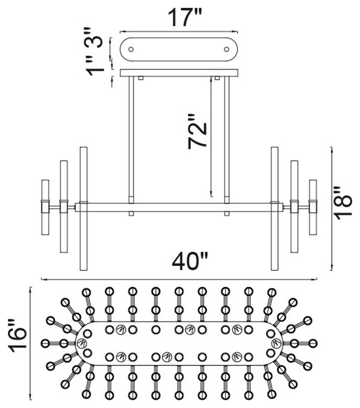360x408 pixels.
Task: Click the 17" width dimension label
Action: coord(185,17)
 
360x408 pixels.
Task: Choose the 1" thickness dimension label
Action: coord(95,67)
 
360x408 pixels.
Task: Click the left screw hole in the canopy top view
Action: coord(131,49)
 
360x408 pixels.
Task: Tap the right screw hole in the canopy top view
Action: coord(227,49)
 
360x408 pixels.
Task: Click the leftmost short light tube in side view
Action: coord(45,207)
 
